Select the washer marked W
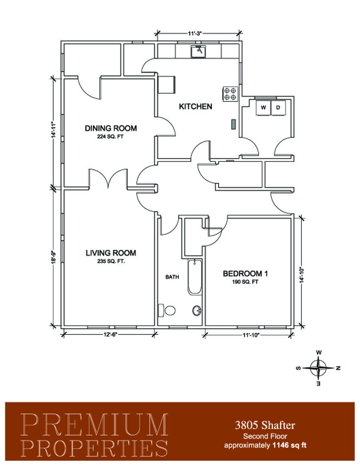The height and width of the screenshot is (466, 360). click(263, 107)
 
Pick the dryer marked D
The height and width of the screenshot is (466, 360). click(278, 107)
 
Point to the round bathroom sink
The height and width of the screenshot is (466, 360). click(196, 311)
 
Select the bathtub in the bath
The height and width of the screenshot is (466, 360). click(194, 277)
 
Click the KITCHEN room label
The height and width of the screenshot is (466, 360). click(195, 106)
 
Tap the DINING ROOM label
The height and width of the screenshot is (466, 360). click(111, 128)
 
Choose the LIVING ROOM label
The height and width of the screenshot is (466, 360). click(111, 253)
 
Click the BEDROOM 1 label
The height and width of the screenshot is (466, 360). click(245, 274)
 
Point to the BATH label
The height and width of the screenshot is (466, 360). click(172, 277)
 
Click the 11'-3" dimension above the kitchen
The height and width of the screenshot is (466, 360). click(195, 33)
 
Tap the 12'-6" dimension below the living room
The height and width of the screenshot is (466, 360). click(110, 334)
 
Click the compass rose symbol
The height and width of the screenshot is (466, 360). click(319, 368)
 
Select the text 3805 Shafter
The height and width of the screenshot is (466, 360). click(265, 425)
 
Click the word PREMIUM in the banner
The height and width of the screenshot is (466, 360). click(94, 425)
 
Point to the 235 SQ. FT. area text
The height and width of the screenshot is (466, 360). click(111, 261)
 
